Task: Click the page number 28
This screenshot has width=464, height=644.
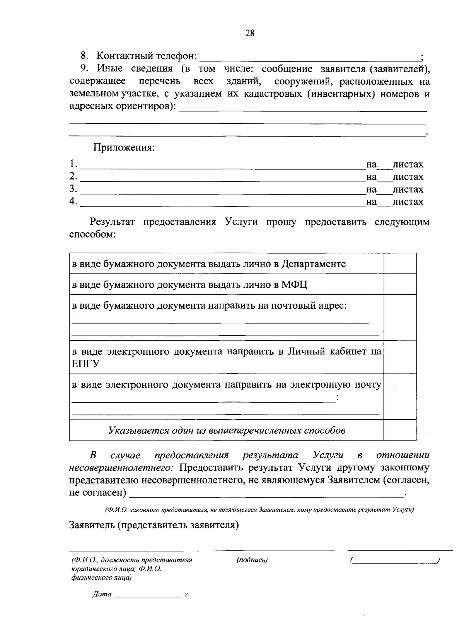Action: (250, 33)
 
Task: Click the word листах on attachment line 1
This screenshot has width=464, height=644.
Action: (408, 164)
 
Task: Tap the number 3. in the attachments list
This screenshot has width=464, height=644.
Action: (73, 189)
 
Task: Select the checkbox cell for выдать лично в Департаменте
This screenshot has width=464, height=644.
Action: (400, 264)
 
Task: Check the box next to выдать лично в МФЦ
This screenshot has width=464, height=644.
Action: (400, 285)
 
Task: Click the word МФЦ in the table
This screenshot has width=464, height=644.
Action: (294, 285)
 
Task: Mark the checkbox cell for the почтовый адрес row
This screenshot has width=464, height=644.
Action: (400, 317)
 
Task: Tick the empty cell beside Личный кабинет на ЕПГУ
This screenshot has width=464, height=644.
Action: (400, 357)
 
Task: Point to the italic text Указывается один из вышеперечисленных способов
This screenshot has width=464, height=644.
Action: (227, 430)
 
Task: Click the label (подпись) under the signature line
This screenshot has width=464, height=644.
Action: (252, 560)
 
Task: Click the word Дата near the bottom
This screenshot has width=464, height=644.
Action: (102, 594)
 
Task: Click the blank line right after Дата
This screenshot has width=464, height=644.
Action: (148, 596)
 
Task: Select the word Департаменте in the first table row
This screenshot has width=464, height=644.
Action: (314, 264)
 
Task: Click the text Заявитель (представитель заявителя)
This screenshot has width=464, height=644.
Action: (154, 525)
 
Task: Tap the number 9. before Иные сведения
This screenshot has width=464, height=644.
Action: (85, 69)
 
